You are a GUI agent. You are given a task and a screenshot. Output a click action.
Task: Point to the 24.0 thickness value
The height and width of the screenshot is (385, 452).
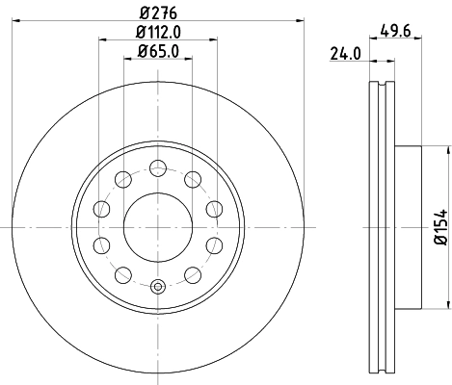coord(344,55)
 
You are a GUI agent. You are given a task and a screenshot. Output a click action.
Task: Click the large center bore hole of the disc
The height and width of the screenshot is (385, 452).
coord(157,225)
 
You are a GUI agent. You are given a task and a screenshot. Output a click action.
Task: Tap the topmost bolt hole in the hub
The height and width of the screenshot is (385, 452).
coord(157,167)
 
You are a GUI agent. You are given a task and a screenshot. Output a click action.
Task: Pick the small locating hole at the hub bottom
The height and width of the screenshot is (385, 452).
coord(157,285)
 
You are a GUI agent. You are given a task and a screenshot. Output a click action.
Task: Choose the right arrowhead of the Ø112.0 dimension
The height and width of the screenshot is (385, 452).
coord(213,41)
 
